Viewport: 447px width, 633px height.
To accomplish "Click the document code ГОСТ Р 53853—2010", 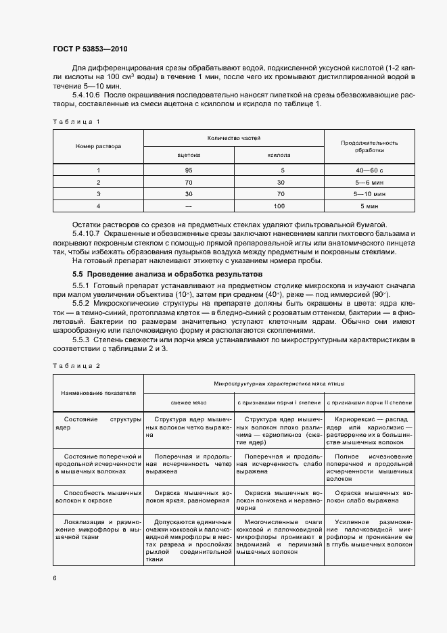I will point(89,49).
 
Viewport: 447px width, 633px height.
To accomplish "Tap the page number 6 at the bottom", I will point(55,578).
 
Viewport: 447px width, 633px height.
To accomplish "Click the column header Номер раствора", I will point(98,146).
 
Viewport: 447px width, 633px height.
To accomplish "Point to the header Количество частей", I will point(233,138).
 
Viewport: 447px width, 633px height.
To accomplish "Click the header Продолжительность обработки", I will point(369,147).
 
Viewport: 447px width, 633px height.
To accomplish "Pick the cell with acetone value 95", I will point(189,170).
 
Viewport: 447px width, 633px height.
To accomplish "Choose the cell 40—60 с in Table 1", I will point(369,170).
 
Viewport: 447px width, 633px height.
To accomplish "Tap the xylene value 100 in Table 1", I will point(278,205).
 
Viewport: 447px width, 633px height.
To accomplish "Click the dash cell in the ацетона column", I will point(189,205).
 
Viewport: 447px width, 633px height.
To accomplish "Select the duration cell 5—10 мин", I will point(369,193).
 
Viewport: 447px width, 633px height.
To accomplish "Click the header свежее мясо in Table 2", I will point(189,402).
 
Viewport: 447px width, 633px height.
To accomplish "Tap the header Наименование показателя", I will point(98,392).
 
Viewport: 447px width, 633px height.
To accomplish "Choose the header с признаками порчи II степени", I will point(369,402).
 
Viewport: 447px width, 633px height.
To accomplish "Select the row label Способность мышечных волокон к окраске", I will point(98,498).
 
